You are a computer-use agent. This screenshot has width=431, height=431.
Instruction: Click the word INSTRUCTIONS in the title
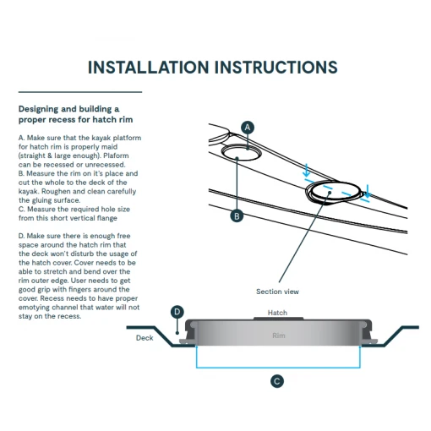(x=276, y=68)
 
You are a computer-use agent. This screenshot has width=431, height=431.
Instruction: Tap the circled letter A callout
(x=248, y=128)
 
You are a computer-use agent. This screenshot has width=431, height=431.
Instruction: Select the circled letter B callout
(x=237, y=216)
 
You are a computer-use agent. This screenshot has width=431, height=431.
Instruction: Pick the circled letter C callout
(x=277, y=381)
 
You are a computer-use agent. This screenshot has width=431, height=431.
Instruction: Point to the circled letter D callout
(x=177, y=312)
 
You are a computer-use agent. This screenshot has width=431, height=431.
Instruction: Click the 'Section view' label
(x=277, y=292)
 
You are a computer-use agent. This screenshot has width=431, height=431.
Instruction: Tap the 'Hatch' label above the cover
(x=277, y=313)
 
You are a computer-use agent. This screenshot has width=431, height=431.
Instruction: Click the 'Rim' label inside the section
(x=279, y=336)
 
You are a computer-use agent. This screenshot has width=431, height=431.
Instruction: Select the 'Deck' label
(x=145, y=338)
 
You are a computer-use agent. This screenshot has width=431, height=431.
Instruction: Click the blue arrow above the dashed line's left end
(x=307, y=170)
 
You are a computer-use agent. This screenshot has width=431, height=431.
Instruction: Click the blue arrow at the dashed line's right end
(x=368, y=191)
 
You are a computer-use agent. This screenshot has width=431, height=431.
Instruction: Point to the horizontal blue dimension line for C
(x=278, y=368)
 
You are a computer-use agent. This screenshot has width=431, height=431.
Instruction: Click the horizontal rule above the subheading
(x=80, y=92)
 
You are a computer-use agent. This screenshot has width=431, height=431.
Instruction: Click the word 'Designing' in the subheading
(x=39, y=109)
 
